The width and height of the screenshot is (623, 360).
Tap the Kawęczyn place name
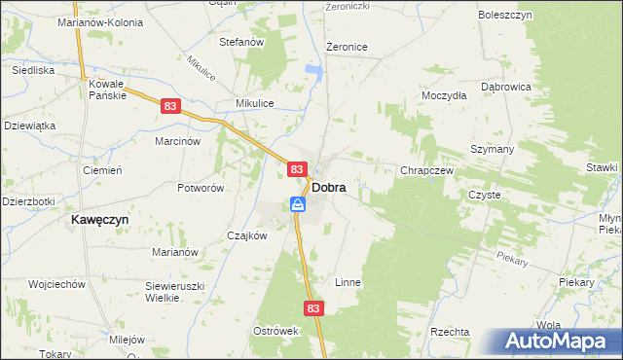pos(99,220)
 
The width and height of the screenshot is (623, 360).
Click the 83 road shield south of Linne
pos(312,307)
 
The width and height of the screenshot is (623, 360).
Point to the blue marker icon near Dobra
pos(298,204)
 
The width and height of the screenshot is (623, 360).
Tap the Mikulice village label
pos(255,103)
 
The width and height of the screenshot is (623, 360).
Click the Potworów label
pos(201,188)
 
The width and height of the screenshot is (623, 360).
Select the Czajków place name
pos(246,235)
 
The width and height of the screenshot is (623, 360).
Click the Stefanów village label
pos(242,42)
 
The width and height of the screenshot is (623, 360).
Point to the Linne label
pos(348,282)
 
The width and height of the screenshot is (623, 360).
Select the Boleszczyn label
pos(503,17)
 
